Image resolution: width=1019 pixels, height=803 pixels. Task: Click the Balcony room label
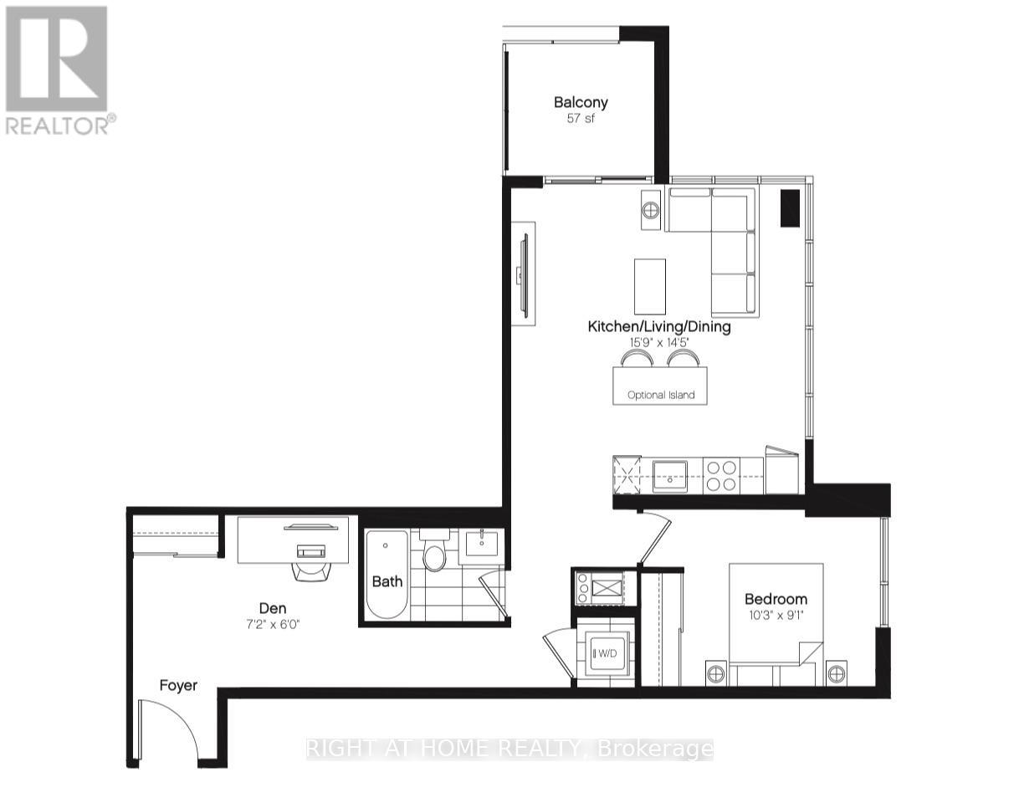(581, 103)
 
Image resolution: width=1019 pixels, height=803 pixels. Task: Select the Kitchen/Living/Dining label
(659, 327)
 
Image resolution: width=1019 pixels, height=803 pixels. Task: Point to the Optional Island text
(661, 395)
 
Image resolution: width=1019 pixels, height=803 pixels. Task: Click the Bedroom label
(776, 599)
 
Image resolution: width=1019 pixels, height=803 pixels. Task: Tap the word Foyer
(178, 686)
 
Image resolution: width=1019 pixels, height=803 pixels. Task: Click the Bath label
(387, 581)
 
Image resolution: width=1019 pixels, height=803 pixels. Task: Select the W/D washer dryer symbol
(604, 653)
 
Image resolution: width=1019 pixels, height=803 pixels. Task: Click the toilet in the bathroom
(434, 555)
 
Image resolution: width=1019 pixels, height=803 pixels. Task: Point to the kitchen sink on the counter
(669, 473)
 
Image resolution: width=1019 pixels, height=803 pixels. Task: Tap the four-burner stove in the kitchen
(720, 475)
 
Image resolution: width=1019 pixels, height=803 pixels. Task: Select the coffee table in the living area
(650, 285)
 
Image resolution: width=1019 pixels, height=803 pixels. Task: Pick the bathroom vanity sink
(480, 544)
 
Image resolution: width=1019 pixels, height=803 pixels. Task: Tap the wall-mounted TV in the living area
(524, 274)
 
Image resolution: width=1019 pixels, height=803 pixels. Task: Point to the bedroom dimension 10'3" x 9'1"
(776, 616)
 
